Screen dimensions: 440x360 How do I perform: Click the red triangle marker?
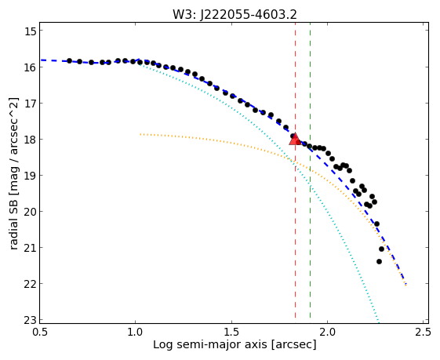[x=295, y=140]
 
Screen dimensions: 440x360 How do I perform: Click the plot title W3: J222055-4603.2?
[x=235, y=14]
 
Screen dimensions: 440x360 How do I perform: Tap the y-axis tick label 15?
[x=31, y=31]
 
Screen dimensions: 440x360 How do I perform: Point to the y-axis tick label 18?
[x=31, y=139]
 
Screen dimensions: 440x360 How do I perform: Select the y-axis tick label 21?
[x=31, y=248]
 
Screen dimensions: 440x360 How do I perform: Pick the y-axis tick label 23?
[x=31, y=320]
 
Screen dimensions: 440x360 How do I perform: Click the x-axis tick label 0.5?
[x=40, y=333]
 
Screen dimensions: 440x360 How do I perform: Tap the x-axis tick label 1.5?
[x=231, y=333]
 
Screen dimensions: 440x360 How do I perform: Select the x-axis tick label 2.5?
[x=424, y=333]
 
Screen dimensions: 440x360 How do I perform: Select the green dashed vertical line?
[x=310, y=170]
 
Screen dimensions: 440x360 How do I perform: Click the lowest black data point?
[x=379, y=261]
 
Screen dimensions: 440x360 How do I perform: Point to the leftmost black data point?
[x=69, y=60]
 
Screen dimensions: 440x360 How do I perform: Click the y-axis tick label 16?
[x=31, y=67]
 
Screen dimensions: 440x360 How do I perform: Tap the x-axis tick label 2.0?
[x=327, y=333]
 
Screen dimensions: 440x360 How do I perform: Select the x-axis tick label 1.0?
[x=136, y=333]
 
